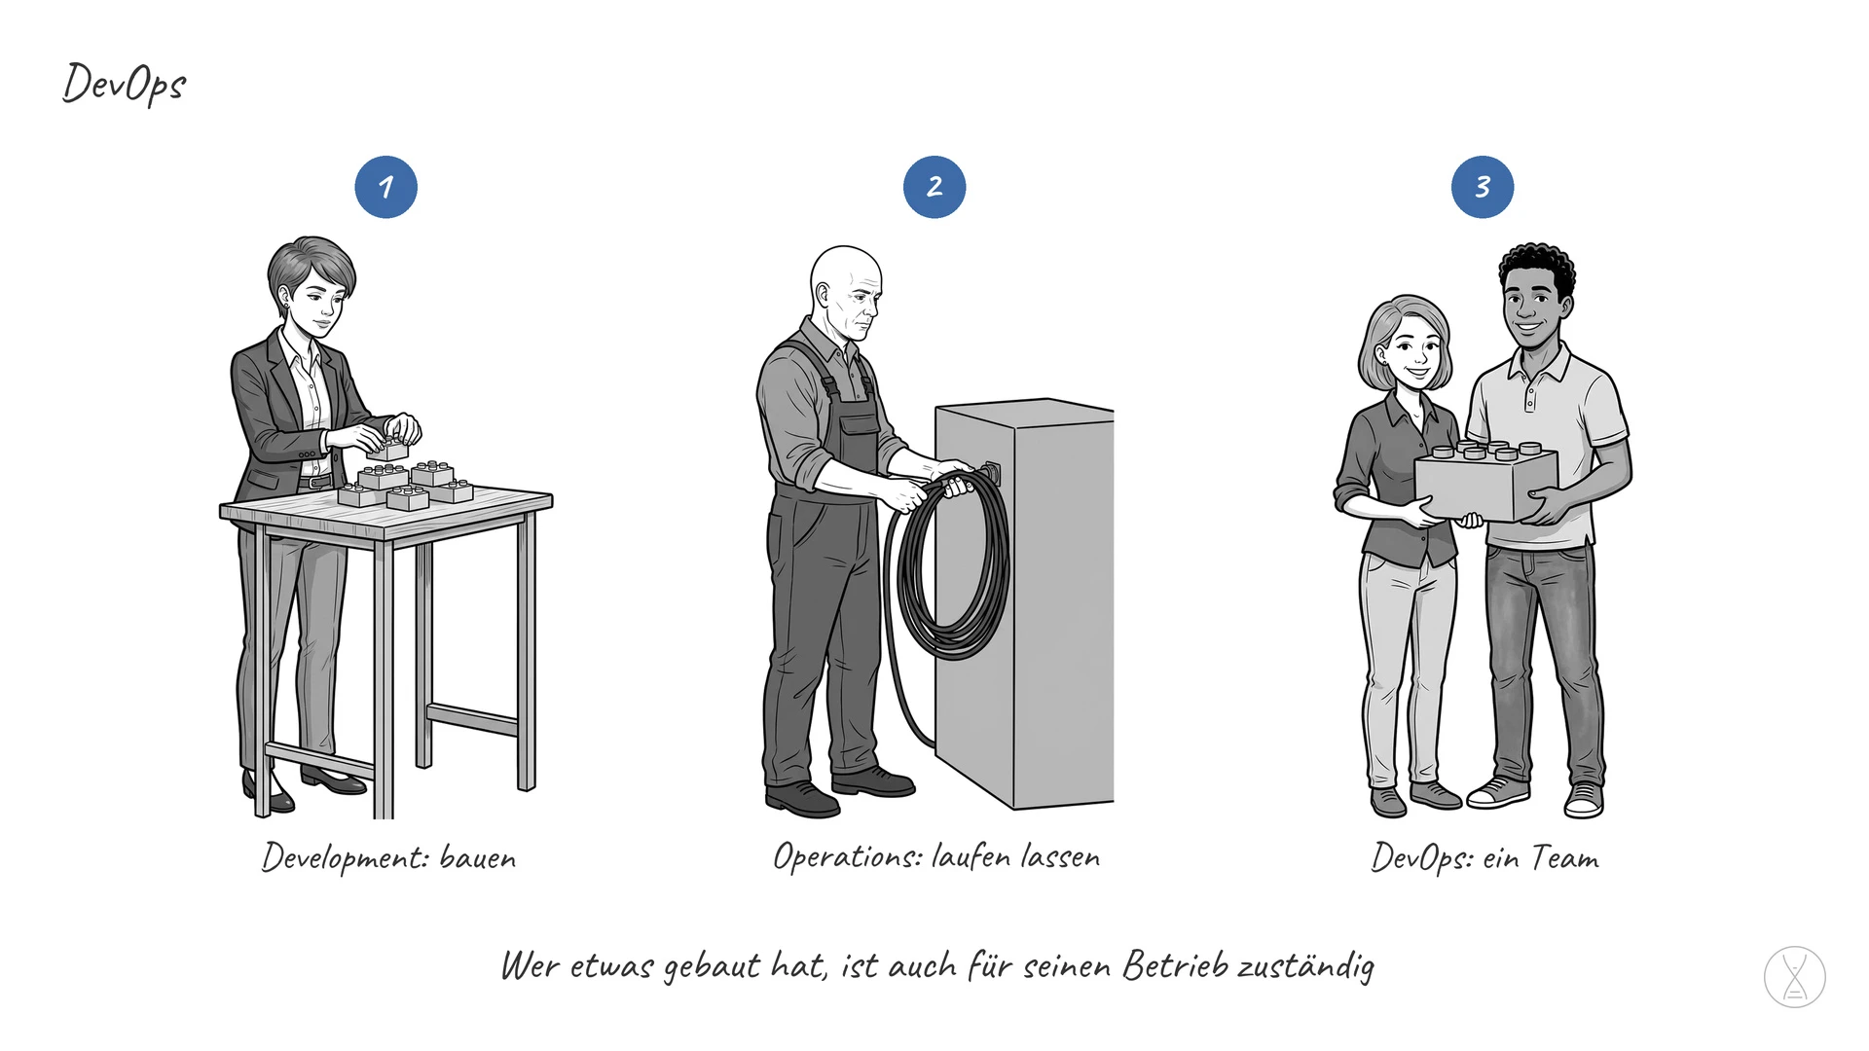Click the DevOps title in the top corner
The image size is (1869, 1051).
click(x=124, y=84)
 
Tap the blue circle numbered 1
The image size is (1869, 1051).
click(x=386, y=187)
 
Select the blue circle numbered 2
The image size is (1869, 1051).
click(x=934, y=187)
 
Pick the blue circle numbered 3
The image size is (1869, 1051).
click(x=1483, y=187)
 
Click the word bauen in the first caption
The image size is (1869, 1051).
click(x=478, y=858)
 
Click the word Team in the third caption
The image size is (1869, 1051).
click(x=1565, y=857)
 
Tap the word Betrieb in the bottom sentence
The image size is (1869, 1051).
click(x=1176, y=965)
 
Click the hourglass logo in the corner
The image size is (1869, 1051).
click(x=1795, y=977)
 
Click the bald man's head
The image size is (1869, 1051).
click(x=847, y=290)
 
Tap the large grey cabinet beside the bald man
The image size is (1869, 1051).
click(x=1025, y=603)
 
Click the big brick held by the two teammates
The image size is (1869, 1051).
click(x=1485, y=482)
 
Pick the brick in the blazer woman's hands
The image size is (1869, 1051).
click(x=388, y=448)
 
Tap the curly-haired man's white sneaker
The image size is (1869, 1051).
click(x=1497, y=792)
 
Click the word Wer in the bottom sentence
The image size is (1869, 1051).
click(x=530, y=966)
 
